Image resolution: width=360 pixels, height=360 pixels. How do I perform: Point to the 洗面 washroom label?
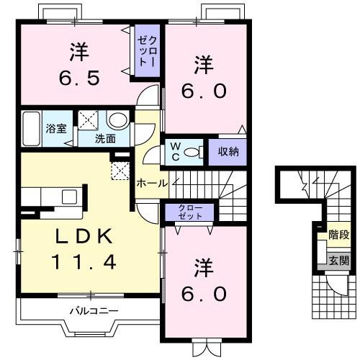[x=106, y=138]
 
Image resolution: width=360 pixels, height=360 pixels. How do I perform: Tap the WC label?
[x=175, y=151]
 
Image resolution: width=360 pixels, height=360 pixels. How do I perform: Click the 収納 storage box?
[x=228, y=151]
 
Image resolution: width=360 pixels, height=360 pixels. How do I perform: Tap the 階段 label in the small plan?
[x=338, y=234]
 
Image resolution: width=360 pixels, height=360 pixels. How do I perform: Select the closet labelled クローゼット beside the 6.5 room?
[x=146, y=48]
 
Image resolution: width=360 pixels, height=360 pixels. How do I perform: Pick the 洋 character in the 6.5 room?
[x=78, y=51]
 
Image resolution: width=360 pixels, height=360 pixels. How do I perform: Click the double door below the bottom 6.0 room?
[x=205, y=349]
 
